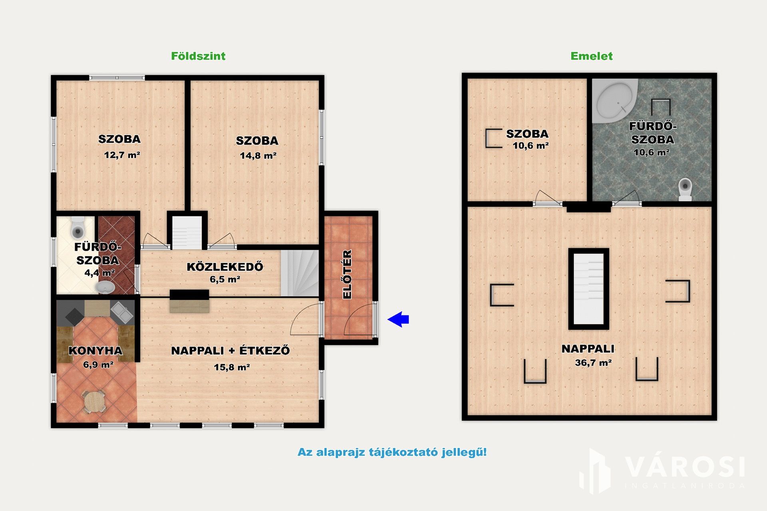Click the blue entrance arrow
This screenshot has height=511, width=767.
coord(398,319)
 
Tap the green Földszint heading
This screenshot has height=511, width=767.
coord(198,56)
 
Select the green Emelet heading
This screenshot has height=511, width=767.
coord(591,56)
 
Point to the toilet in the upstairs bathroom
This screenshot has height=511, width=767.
coord(685,189)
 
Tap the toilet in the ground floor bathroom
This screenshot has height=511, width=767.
coord(77,227)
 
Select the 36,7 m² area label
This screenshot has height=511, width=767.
coord(593,363)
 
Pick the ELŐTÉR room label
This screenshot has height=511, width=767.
coord(347,274)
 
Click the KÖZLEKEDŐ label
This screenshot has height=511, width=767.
coord(225,267)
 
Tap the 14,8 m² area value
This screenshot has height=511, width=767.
coord(258,156)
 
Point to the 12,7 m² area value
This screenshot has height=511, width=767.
coord(122,155)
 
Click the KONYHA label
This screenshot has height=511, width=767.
coord(95,351)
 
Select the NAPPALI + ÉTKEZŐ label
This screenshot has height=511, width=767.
coord(230,351)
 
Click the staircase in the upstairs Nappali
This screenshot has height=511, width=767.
coord(588,289)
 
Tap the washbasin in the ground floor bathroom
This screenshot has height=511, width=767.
coord(105,287)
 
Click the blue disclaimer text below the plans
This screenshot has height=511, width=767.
coord(392,452)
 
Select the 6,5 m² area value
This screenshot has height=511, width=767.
coord(225,279)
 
